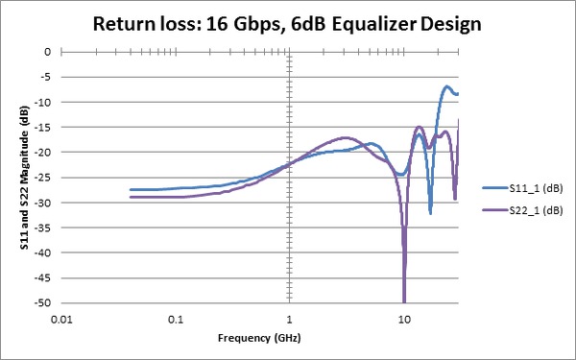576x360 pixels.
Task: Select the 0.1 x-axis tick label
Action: pos(176,318)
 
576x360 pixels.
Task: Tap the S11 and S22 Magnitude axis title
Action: pos(21,178)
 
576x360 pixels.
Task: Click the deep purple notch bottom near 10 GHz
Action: pos(404,300)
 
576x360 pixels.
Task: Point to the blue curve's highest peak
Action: pos(446,87)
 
